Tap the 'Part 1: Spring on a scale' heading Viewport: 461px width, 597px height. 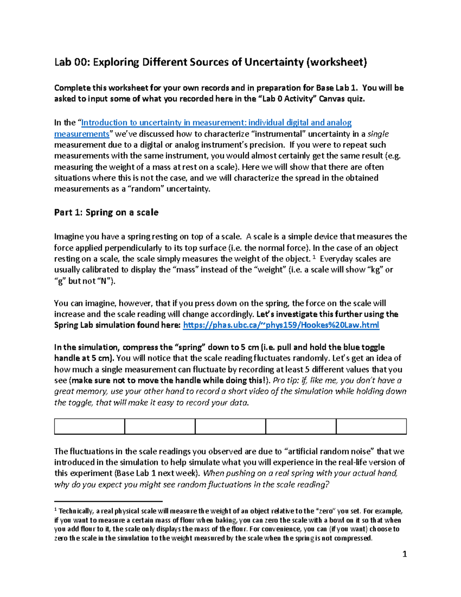106,213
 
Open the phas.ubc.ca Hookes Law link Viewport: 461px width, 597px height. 281,325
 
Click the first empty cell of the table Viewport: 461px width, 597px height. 90,426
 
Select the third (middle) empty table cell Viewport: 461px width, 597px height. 230,426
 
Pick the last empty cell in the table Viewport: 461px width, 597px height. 371,426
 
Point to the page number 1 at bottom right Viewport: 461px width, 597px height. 405,554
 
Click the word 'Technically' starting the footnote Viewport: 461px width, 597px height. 76,511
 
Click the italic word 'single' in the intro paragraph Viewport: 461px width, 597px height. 378,134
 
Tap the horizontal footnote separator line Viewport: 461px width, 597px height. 108,501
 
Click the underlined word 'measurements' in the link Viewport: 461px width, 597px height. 82,134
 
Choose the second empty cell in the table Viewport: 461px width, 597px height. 160,426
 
